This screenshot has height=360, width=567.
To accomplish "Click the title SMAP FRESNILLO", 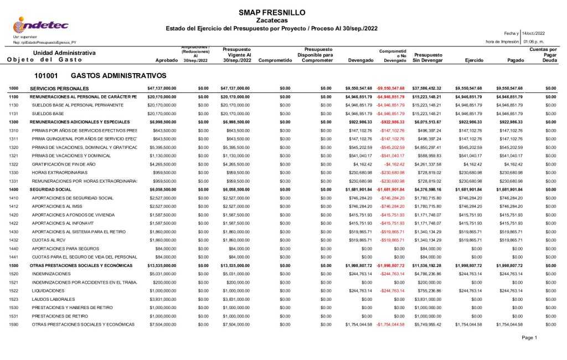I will [271, 12].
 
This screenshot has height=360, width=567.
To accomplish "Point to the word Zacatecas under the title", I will [272, 20].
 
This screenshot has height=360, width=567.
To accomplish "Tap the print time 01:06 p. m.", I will [534, 42].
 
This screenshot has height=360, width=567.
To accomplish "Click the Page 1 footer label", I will [529, 337].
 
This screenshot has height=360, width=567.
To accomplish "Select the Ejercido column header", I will [468, 60].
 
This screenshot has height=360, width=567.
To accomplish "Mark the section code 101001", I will [47, 75].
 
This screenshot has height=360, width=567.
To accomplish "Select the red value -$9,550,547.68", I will [390, 88].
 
